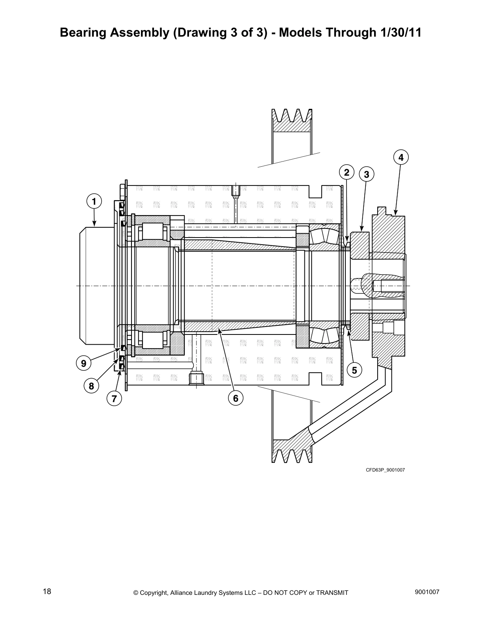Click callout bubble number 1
[94, 202]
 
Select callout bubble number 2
[347, 173]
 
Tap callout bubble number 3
[367, 174]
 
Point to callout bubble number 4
[401, 158]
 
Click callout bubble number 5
[354, 370]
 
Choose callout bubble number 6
[235, 398]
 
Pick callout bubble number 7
[114, 399]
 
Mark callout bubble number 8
[91, 386]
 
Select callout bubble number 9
[83, 363]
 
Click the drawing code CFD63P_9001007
[385, 470]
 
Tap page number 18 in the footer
[47, 592]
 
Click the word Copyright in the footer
[154, 592]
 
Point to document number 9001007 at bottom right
[427, 592]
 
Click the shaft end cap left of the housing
[96, 286]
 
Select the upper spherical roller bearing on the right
[324, 236]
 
